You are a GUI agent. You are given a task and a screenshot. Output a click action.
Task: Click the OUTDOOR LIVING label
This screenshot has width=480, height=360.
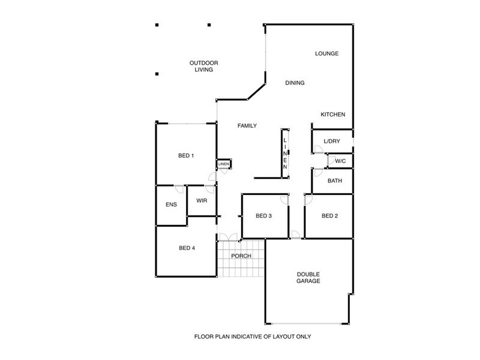[203, 66]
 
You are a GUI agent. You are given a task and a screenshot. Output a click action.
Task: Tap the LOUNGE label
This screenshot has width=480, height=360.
[327, 53]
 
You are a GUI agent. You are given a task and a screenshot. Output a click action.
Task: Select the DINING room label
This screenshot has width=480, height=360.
[295, 83]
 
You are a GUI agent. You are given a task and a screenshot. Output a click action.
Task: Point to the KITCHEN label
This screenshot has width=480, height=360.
[332, 115]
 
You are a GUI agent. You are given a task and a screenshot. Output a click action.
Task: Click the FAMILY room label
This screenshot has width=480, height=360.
[247, 125]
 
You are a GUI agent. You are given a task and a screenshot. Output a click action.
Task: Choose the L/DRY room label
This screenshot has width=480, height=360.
[332, 142]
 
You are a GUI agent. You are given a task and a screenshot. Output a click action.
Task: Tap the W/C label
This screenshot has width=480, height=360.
[340, 161]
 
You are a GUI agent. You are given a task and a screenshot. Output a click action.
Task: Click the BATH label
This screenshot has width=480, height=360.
[335, 181]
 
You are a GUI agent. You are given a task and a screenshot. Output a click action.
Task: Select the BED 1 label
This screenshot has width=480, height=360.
[186, 156]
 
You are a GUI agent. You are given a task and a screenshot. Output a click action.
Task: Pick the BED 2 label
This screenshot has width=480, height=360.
[330, 216]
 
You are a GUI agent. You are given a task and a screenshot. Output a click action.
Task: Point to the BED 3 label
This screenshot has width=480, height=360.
[264, 216]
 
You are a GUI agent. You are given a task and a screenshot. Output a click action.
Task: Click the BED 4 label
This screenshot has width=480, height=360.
[187, 248]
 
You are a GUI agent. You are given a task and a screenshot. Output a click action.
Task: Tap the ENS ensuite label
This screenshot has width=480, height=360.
[171, 205]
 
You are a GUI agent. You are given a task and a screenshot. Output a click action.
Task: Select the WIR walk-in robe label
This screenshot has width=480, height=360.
[201, 200]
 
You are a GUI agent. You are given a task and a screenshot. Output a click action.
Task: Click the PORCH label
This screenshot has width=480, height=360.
[241, 256]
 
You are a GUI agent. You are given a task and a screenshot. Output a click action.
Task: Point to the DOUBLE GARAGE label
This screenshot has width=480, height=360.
[308, 277]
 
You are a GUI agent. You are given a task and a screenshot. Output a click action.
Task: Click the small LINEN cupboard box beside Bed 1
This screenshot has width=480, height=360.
[223, 164]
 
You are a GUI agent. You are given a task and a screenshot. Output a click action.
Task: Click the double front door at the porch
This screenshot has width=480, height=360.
[227, 237]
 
